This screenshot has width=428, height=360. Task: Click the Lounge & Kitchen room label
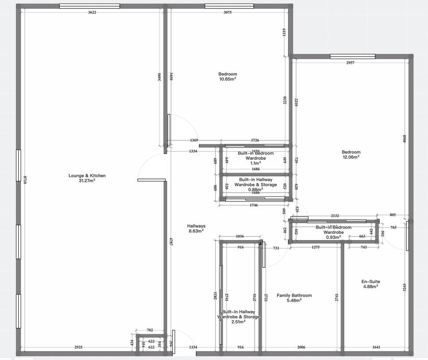pyautogui.click(x=87, y=176)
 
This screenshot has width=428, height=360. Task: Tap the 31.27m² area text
pyautogui.click(x=87, y=181)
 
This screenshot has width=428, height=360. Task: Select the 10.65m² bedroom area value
pyautogui.click(x=228, y=79)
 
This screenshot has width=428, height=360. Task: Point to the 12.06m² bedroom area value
pyautogui.click(x=351, y=157)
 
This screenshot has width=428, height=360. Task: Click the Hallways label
pyautogui.click(x=196, y=226)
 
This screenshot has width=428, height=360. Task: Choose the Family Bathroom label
pyautogui.click(x=294, y=295)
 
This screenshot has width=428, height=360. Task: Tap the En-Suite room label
pyautogui.click(x=370, y=282)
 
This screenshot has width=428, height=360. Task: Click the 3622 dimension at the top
pyautogui.click(x=92, y=12)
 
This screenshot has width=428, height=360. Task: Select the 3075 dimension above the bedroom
pyautogui.click(x=227, y=12)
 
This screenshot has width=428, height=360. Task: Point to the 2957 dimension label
pyautogui.click(x=350, y=63)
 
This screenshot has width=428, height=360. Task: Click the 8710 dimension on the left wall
pyautogui.click(x=25, y=181)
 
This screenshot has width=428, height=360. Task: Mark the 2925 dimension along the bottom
pyautogui.click(x=78, y=348)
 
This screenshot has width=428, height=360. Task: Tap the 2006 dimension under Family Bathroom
pyautogui.click(x=301, y=348)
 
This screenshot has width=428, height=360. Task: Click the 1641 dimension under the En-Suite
pyautogui.click(x=376, y=348)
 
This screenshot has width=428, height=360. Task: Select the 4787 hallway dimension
pyautogui.click(x=171, y=242)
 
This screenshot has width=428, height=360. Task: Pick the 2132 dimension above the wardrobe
pyautogui.click(x=335, y=216)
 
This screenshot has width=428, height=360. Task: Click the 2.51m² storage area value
pyautogui.click(x=238, y=322)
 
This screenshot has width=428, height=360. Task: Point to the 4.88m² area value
pyautogui.click(x=370, y=286)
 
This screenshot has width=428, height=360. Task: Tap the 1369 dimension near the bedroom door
pyautogui.click(x=194, y=140)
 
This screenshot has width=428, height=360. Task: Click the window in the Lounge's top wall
pyautogui.click(x=89, y=6)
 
